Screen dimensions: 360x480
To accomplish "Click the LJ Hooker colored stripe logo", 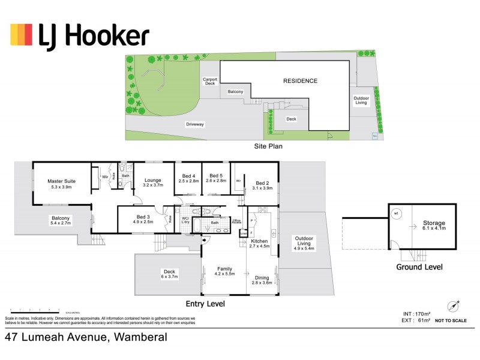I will point(21,35).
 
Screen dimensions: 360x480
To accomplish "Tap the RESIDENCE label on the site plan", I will point(300,80).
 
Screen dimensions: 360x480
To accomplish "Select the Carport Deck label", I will point(209,81).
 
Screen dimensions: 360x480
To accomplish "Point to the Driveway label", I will point(195,124).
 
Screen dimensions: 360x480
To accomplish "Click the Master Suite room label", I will point(61,180).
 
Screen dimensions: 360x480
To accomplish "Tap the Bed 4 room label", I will point(188,176).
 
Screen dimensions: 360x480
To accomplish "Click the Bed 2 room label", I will point(263,183).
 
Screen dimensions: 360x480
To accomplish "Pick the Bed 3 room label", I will point(142,217).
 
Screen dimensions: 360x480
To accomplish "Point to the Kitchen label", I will point(259,240).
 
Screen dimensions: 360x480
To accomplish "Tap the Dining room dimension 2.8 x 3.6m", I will point(263,283).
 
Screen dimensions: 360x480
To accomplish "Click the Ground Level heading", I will point(419,267).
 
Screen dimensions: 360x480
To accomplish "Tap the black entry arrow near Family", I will point(205,241).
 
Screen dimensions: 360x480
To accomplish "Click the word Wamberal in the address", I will point(139,338).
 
